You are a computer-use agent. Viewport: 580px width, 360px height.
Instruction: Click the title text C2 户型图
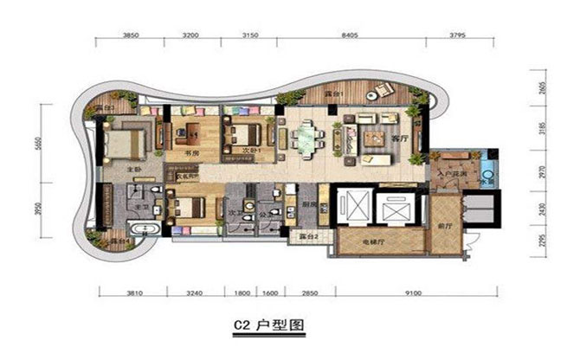(x=268, y=327)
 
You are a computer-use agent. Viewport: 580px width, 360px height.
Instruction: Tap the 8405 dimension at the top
(x=351, y=35)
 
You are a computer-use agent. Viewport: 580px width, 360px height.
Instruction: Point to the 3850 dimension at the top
(x=132, y=35)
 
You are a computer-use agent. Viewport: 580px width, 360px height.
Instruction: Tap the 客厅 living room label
(x=400, y=138)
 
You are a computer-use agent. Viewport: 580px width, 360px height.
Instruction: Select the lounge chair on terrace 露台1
(x=380, y=89)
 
